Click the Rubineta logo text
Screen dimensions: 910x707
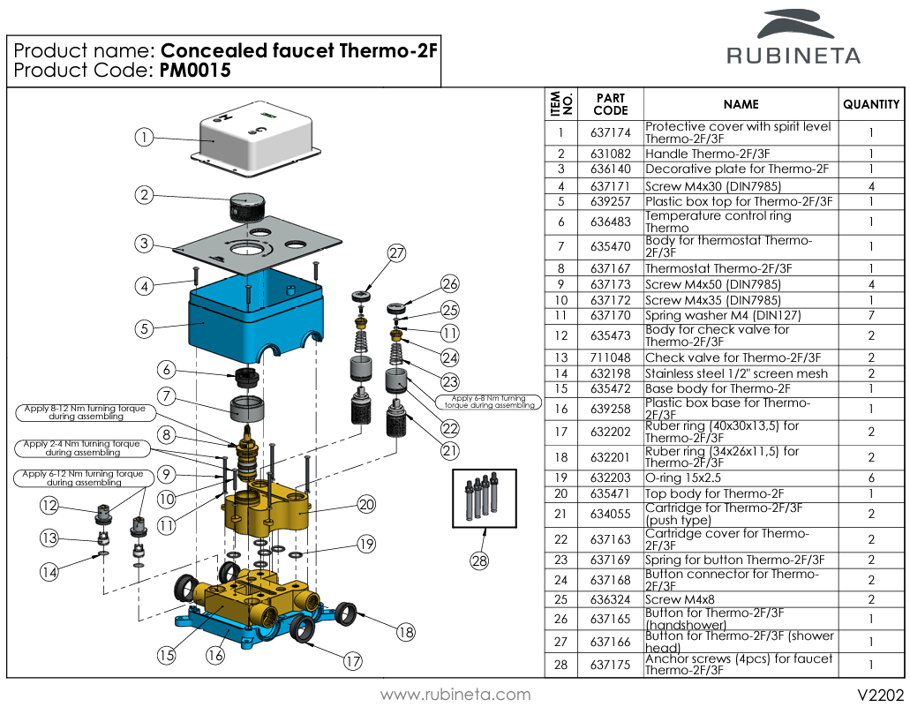tap(793, 56)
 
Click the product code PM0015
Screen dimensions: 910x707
tap(195, 71)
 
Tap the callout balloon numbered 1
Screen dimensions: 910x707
tap(144, 138)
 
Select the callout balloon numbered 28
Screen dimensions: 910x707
tap(479, 560)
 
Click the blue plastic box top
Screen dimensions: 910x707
tap(255, 313)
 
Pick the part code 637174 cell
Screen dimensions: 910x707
tap(611, 133)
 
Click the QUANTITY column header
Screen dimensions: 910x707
tap(871, 104)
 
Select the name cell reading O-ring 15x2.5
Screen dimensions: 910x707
tap(683, 478)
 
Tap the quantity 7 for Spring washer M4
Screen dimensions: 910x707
tap(871, 316)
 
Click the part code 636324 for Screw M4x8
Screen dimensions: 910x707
tap(611, 599)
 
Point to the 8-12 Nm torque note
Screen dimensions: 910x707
tap(86, 412)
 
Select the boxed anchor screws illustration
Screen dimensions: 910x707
tap(485, 498)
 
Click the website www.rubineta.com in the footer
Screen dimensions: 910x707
tap(455, 695)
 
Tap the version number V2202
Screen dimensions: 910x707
tap(881, 695)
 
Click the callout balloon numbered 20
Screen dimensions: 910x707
tap(367, 504)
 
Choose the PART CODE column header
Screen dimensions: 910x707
tap(611, 104)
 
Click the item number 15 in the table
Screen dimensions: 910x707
tap(560, 389)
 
